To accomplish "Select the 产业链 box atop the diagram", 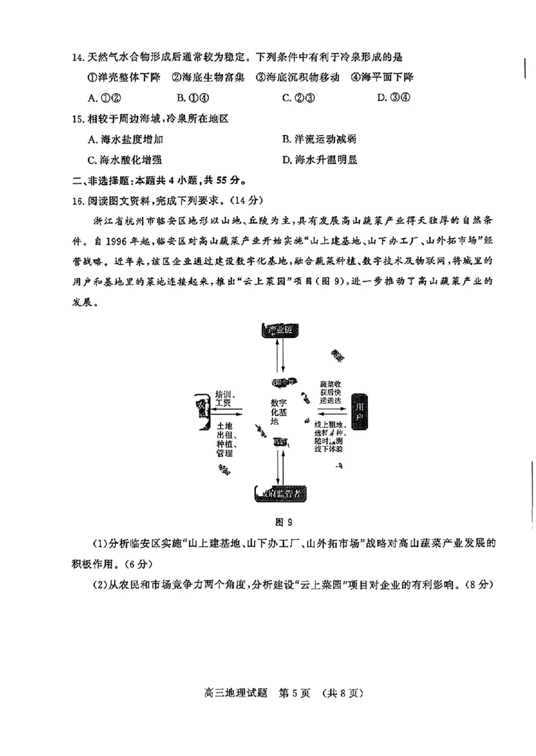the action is point(280,330).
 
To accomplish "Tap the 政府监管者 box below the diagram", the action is point(281,493).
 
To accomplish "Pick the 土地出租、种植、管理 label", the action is point(224,440).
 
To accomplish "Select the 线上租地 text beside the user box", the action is point(330,426).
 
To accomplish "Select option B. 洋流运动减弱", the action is point(319,139).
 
